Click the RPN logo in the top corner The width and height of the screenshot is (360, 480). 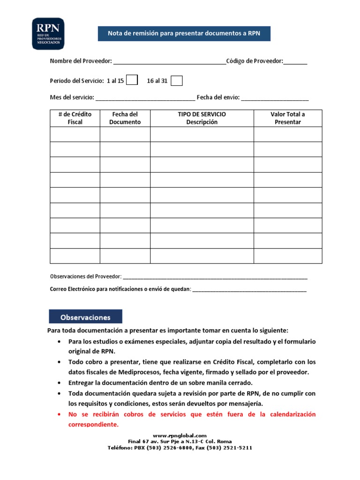[x=48, y=34]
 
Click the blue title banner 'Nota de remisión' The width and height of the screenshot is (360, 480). [x=184, y=33]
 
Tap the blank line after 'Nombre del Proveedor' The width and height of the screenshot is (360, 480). [x=169, y=62]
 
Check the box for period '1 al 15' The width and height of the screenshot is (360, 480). [x=132, y=80]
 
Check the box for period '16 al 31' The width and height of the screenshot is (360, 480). [x=176, y=81]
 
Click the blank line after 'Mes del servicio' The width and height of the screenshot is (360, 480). [x=145, y=98]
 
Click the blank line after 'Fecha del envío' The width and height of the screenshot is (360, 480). [x=275, y=98]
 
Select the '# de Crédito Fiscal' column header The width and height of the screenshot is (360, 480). [x=75, y=118]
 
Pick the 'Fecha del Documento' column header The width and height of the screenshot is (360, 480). [x=125, y=118]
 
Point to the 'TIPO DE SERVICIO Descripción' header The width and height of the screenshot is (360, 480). [x=202, y=118]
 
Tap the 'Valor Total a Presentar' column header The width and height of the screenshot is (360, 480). [x=288, y=118]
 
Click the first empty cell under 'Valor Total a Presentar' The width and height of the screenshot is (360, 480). [x=288, y=134]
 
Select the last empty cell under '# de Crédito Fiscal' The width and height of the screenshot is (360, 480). [x=75, y=256]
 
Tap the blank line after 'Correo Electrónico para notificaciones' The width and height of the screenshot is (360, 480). [x=249, y=289]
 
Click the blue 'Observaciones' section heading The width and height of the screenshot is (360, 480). [x=85, y=317]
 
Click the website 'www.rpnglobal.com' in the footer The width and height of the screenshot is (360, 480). [x=180, y=435]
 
